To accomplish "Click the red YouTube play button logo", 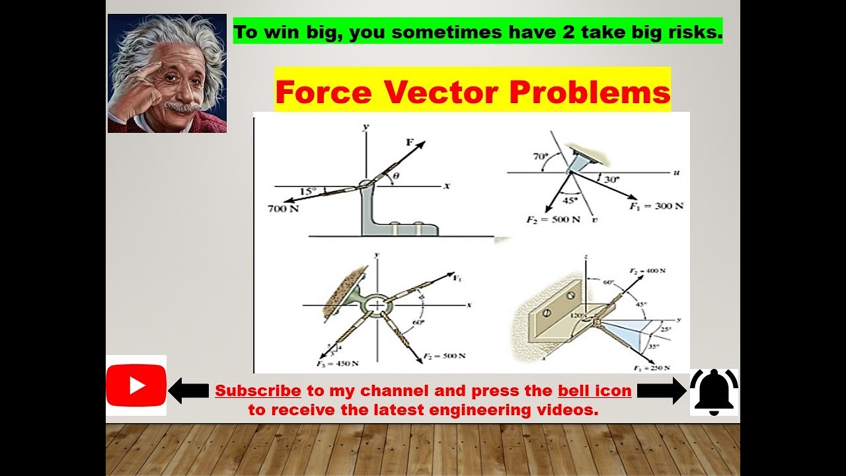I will tap(136, 385).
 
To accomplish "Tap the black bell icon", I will tap(714, 391).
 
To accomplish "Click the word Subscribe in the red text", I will tap(258, 391).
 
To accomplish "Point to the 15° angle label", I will tap(307, 190).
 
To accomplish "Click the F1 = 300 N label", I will tap(656, 206).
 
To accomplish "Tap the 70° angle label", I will tap(541, 157).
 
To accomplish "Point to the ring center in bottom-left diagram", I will tap(377, 305).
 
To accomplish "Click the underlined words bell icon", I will tap(595, 391).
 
